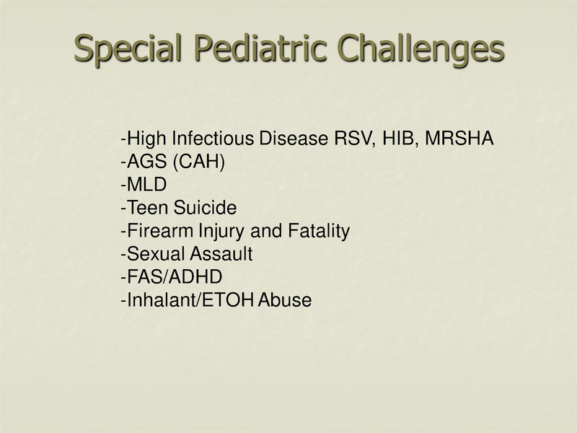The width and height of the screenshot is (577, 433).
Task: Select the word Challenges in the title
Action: (420, 49)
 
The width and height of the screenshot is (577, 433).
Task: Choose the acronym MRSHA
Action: (460, 139)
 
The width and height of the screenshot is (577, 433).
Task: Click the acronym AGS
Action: (144, 162)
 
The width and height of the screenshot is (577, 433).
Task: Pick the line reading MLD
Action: (144, 185)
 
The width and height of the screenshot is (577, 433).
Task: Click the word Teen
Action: (144, 209)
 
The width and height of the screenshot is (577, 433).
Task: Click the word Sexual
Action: (149, 255)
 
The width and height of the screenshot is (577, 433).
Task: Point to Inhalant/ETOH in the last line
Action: (188, 301)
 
